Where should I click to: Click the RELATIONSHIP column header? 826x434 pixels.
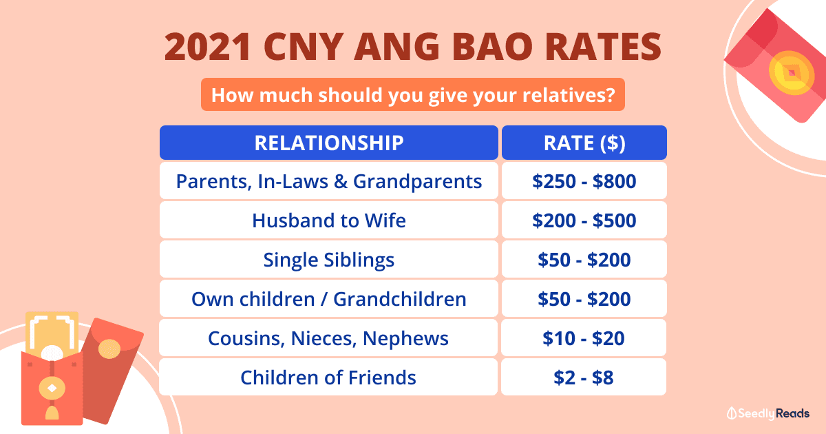(328, 143)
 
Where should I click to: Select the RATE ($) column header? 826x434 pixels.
(584, 143)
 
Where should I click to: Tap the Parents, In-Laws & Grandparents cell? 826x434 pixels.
(328, 182)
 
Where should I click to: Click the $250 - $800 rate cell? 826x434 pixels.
(584, 182)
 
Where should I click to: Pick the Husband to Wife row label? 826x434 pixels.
(328, 220)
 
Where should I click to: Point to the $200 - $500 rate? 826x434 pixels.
(584, 220)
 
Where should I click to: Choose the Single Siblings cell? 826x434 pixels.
(328, 260)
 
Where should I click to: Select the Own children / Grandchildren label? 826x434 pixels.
(328, 299)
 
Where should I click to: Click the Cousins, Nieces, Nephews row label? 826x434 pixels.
(328, 338)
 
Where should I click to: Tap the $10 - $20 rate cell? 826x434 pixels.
(584, 338)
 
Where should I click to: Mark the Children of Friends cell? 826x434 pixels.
(328, 378)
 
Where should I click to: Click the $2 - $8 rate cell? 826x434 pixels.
(584, 378)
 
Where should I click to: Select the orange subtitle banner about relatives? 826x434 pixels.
(413, 94)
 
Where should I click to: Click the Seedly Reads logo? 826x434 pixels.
(768, 413)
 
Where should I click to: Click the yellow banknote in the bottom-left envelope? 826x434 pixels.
(52, 334)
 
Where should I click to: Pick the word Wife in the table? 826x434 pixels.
(383, 220)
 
